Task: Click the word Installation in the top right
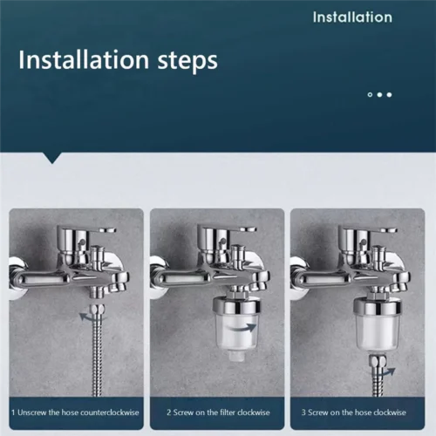[352, 17]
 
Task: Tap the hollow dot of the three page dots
[370, 94]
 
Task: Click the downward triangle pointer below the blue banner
[55, 158]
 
